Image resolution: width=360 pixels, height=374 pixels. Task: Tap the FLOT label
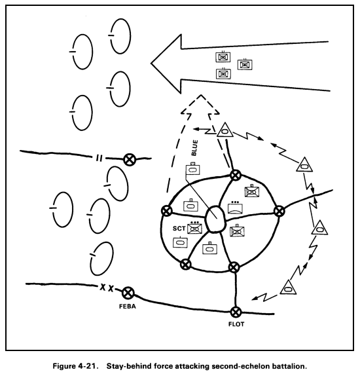click(236, 324)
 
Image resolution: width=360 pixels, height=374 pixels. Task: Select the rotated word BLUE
click(194, 148)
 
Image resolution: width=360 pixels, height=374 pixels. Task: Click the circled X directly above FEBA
click(129, 293)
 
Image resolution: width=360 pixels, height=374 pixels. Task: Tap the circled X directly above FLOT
click(236, 312)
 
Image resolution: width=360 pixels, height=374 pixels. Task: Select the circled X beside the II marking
click(130, 159)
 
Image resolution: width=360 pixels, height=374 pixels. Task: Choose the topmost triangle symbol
click(225, 130)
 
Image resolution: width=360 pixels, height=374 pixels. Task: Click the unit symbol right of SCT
click(194, 229)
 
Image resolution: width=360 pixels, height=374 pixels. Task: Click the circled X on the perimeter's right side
click(279, 211)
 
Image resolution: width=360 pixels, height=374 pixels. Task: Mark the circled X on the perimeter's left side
click(166, 212)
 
